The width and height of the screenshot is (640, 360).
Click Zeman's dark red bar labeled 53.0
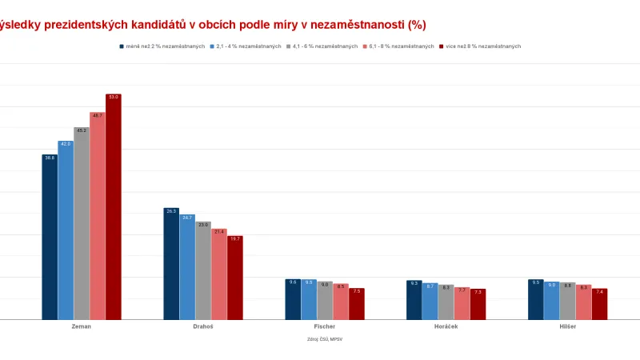(x=113, y=207)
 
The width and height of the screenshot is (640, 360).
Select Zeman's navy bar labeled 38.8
(x=50, y=237)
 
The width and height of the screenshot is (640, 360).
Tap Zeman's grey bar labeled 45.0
(x=81, y=224)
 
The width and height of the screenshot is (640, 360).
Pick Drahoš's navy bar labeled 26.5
(x=171, y=264)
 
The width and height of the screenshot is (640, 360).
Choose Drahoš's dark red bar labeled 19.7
(x=234, y=278)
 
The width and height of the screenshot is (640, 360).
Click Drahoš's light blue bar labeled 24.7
(x=187, y=267)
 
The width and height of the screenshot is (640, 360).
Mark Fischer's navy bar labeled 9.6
(x=293, y=300)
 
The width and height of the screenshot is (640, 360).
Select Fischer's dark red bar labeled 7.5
(x=356, y=304)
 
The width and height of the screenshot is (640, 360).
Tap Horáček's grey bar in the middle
(x=446, y=302)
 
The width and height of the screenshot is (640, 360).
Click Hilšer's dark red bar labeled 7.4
(x=599, y=304)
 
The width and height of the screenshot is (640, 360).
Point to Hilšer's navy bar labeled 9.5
(x=536, y=300)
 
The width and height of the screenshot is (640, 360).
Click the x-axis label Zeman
(x=81, y=327)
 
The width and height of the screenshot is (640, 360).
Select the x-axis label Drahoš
(x=202, y=327)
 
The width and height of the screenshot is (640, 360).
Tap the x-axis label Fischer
(x=324, y=327)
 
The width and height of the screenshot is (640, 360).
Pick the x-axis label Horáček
(x=446, y=327)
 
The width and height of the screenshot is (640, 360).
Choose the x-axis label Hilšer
(x=567, y=327)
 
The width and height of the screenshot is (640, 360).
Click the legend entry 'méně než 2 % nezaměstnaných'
(x=165, y=46)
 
